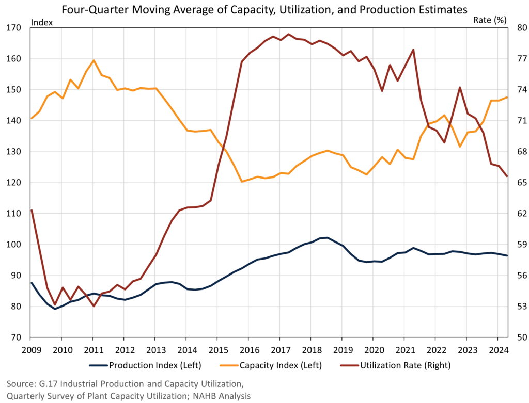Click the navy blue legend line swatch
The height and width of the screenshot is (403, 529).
(x=98, y=365)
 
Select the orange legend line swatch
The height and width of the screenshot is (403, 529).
(x=229, y=365)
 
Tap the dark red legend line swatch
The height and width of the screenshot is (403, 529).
(x=350, y=365)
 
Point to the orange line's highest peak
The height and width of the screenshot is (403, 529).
(x=94, y=60)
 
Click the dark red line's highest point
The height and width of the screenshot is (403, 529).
(x=288, y=34)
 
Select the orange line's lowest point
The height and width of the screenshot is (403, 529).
(x=241, y=181)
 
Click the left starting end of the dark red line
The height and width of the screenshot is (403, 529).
(x=32, y=210)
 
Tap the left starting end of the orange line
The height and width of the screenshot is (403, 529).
(x=32, y=119)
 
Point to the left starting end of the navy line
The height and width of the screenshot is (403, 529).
(x=32, y=282)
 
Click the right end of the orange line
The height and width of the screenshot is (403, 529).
(x=507, y=97)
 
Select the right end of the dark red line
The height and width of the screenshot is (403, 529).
(x=507, y=176)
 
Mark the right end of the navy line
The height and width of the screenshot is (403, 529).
(x=507, y=255)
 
